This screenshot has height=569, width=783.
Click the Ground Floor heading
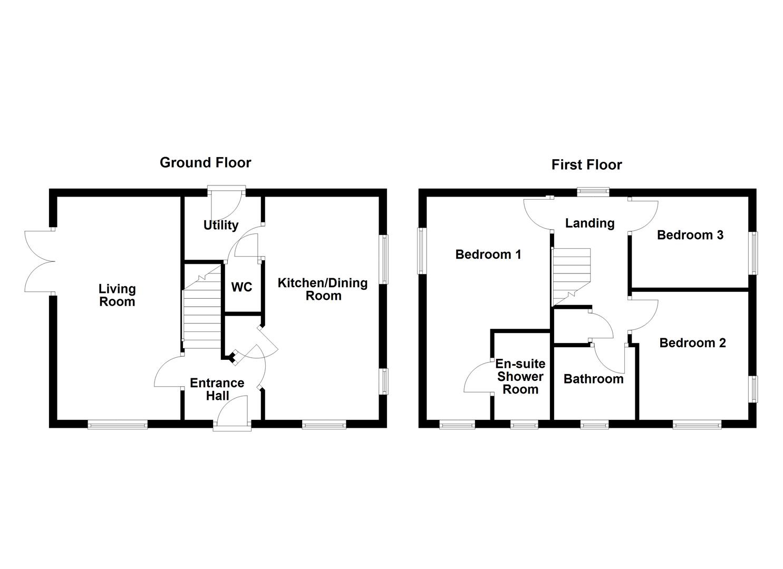click(205, 162)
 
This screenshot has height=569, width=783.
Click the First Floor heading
click(586, 165)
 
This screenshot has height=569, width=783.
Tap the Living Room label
click(117, 295)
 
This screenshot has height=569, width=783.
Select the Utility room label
click(220, 225)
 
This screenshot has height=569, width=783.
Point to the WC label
click(241, 287)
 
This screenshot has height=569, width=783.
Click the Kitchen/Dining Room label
click(323, 289)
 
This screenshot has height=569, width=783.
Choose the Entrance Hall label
click(217, 389)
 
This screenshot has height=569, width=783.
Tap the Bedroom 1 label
click(488, 254)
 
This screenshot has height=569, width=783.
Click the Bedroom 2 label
click(692, 343)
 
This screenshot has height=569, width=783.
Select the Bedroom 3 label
click(690, 235)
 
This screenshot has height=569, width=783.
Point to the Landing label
click(589, 223)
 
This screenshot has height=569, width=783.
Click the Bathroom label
click(593, 379)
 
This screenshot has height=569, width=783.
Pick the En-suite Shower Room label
click(520, 377)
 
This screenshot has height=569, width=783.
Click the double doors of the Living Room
click(38, 261)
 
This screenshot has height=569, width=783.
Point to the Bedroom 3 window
click(753, 253)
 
